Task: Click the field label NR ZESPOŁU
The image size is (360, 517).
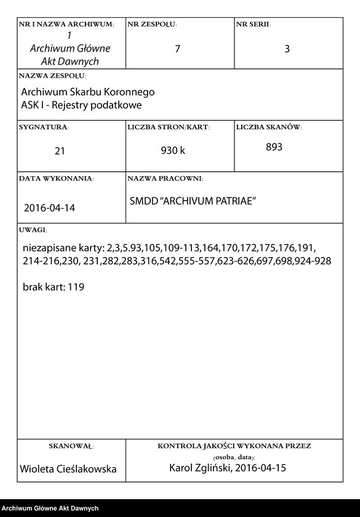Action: coord(152,25)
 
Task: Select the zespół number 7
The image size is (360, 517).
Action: coord(177,49)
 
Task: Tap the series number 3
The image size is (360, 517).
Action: coord(287,49)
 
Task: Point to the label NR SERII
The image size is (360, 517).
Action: coord(254,25)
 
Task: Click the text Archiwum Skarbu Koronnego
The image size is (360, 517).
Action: coord(88,92)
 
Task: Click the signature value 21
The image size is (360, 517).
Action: coord(60,150)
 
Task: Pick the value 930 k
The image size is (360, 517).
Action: coord(173,150)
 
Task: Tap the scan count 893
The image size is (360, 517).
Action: coord(274,147)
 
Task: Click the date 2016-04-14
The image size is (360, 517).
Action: coord(49,208)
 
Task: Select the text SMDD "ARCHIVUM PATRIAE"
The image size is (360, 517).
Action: coord(193,201)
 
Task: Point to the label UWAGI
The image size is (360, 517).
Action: coord(33,230)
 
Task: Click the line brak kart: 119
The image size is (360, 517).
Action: coord(54,287)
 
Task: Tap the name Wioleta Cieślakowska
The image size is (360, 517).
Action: coord(68,469)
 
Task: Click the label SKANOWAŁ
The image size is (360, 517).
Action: coord(71,446)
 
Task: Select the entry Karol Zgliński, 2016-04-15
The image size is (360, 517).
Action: coord(228,468)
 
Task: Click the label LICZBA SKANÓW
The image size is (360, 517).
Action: coord(269,127)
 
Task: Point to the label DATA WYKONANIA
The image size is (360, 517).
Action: coord(56,178)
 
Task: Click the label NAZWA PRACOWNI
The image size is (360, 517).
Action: coord(165,178)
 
